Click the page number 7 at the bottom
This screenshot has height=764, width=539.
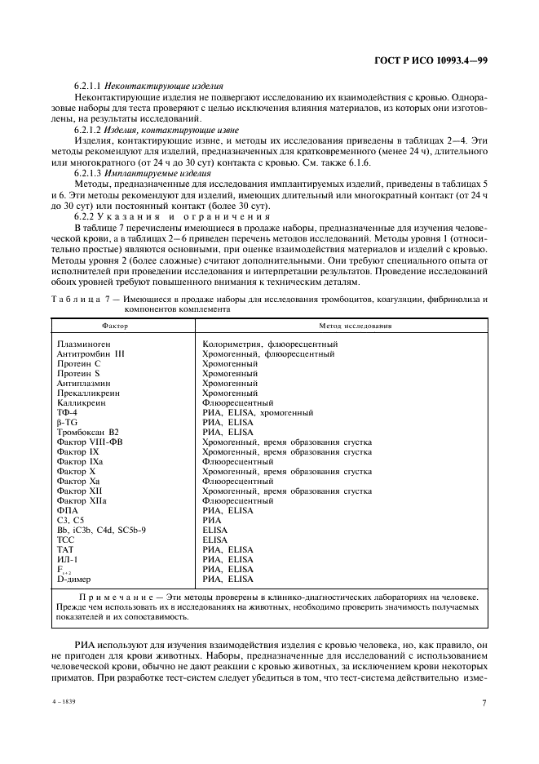point(484,703)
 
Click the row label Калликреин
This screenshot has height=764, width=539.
point(80,402)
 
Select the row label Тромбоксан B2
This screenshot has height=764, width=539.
point(88,431)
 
